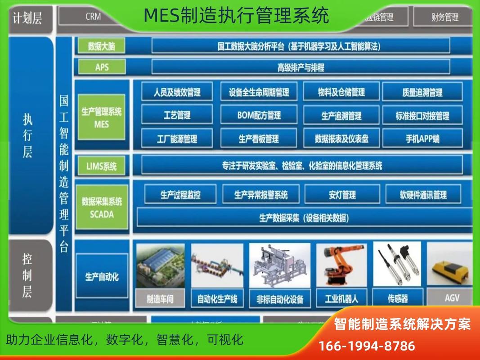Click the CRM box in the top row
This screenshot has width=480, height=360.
pyautogui.click(x=93, y=17)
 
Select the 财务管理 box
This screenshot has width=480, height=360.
pyautogui.click(x=444, y=17)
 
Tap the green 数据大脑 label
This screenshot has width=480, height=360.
pyautogui.click(x=101, y=46)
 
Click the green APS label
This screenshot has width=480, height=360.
pyautogui.click(x=102, y=67)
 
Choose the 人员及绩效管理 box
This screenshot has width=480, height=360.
pyautogui.click(x=177, y=92)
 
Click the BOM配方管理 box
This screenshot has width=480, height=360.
pyautogui.click(x=259, y=115)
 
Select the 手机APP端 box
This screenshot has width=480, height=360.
pyautogui.click(x=422, y=139)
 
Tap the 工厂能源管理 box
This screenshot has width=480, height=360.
pyautogui.click(x=177, y=139)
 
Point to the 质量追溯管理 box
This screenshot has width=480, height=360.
pyautogui.click(x=422, y=92)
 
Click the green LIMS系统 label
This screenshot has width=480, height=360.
pyautogui.click(x=102, y=166)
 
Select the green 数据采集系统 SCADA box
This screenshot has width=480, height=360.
pyautogui.click(x=102, y=208)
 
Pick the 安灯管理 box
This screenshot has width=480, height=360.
pyautogui.click(x=342, y=195)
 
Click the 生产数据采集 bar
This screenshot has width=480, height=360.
pyautogui.click(x=304, y=218)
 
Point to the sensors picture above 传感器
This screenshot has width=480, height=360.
pyautogui.click(x=397, y=265)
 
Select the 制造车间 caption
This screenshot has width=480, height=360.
pyautogui.click(x=160, y=299)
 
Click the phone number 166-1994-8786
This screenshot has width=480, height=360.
pyautogui.click(x=367, y=346)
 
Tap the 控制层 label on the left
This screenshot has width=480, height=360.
pyautogui.click(x=27, y=276)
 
